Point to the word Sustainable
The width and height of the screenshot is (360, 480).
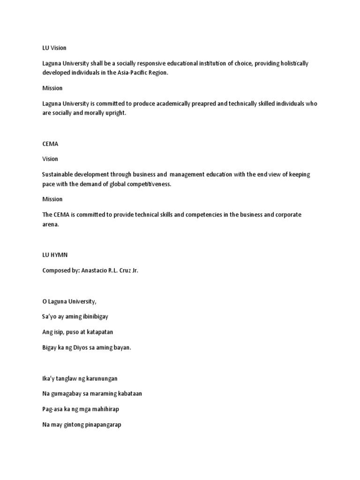(58, 174)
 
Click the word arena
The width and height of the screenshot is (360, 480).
(50, 224)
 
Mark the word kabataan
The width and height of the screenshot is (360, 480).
(128, 393)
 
